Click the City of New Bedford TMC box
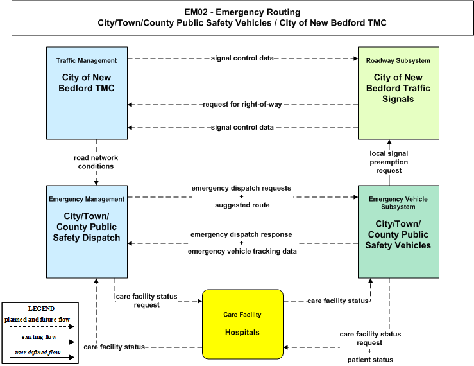(87, 93)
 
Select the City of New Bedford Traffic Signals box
(398, 93)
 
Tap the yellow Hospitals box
(242, 324)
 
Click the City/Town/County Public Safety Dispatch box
(87, 232)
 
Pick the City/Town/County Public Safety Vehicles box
(398, 232)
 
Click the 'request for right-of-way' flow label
(242, 105)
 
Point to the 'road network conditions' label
(96, 162)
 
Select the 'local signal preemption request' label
(389, 162)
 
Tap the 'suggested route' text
(242, 205)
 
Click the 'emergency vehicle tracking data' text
(242, 251)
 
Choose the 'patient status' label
(370, 360)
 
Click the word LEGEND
(41, 308)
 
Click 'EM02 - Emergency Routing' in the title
(242, 12)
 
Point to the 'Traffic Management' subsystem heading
(87, 60)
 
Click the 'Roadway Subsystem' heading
(398, 60)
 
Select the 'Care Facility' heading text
(242, 315)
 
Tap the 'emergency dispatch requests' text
(241, 188)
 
